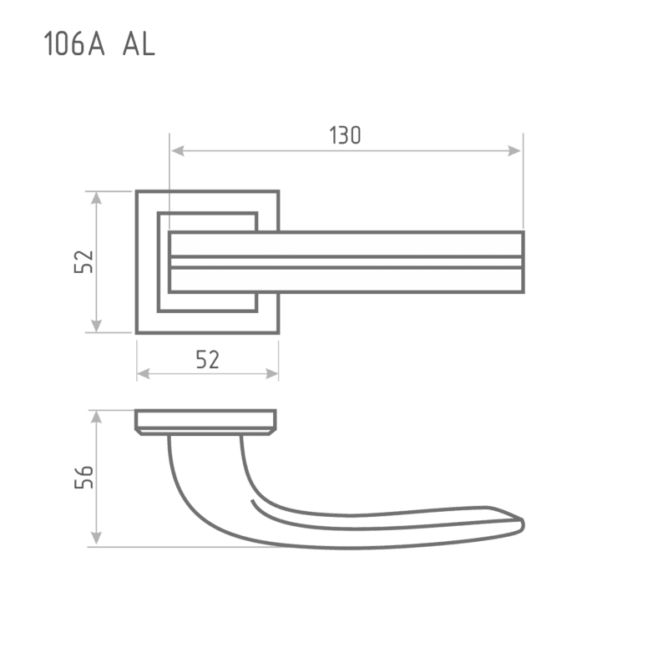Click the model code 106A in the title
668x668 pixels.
[x=74, y=44]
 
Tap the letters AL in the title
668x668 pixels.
[x=139, y=44]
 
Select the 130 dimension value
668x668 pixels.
[x=345, y=135]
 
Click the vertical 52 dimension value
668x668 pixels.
[x=83, y=261]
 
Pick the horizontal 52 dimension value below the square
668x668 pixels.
[x=207, y=360]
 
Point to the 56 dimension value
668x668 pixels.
[x=83, y=477]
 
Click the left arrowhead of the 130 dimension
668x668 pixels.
[x=177, y=151]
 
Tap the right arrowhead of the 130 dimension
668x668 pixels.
[x=514, y=151]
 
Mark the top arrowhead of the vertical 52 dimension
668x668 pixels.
[x=97, y=199]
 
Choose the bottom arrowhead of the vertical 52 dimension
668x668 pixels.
[x=97, y=325]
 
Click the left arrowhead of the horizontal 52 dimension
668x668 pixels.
[x=144, y=373]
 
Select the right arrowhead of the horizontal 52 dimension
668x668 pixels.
[x=271, y=373]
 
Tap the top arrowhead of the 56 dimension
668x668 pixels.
[x=97, y=417]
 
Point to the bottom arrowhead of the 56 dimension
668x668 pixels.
[x=97, y=538]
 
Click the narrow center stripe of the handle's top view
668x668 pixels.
[x=347, y=262]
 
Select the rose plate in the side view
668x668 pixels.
[x=205, y=422]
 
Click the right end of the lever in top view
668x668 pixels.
[x=524, y=262]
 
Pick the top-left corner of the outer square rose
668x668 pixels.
[x=137, y=191]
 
